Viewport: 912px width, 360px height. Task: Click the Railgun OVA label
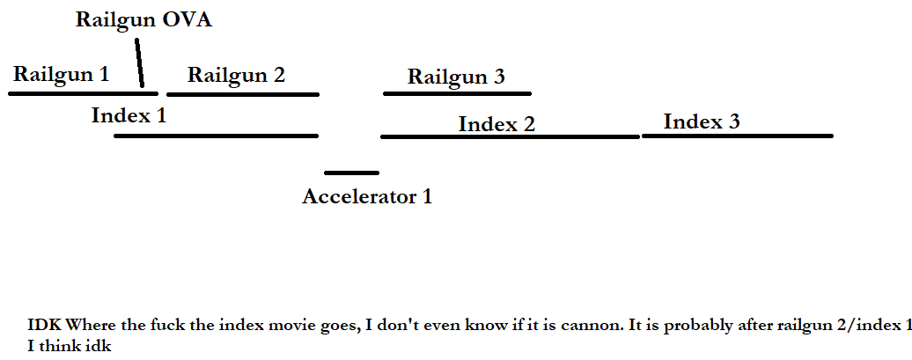(x=143, y=20)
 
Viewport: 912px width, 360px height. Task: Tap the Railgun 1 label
(x=61, y=75)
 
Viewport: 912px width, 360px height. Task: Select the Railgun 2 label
(x=236, y=75)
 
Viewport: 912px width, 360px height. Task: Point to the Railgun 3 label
(x=456, y=77)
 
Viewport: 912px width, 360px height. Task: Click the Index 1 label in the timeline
(x=129, y=115)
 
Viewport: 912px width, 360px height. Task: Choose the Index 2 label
(x=496, y=124)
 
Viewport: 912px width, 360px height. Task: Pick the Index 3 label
(x=702, y=121)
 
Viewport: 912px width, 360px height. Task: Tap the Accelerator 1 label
(x=367, y=196)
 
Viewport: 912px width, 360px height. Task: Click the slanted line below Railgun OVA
(x=139, y=62)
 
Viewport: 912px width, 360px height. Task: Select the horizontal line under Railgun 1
(x=83, y=93)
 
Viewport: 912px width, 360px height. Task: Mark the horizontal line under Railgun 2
(x=243, y=93)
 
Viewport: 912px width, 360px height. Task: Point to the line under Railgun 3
(x=457, y=93)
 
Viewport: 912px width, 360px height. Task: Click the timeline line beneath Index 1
(x=217, y=136)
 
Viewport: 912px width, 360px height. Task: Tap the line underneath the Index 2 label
(x=510, y=136)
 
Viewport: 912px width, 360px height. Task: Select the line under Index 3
(x=738, y=136)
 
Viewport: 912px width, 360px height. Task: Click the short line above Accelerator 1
(x=352, y=173)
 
